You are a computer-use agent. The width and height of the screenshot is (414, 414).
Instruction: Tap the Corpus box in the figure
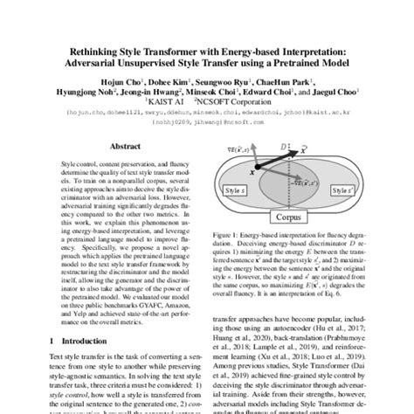294,215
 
